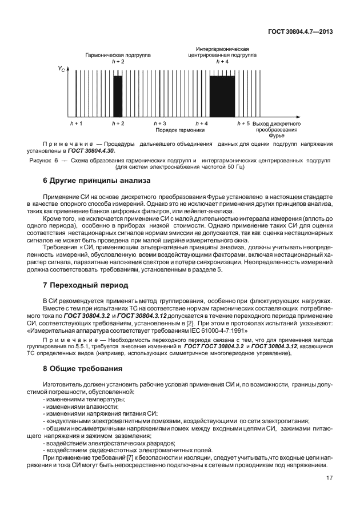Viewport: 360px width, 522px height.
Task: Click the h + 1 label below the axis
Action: [x=75, y=123]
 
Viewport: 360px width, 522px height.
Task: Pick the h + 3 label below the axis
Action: [x=160, y=123]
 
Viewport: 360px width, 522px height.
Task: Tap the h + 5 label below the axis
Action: [x=243, y=123]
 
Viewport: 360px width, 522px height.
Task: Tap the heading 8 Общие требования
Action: [x=83, y=368]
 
